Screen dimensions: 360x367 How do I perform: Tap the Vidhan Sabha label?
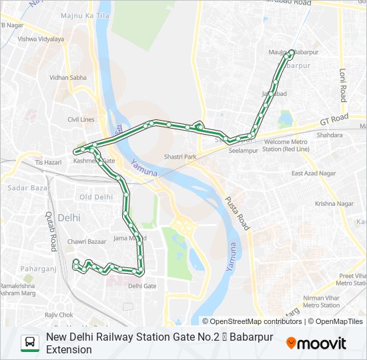[68, 77]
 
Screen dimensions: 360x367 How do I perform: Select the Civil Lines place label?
[81, 119]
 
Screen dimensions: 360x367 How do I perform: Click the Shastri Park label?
[180, 157]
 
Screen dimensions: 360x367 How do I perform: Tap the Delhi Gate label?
[142, 286]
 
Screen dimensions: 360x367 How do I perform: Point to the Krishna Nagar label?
[334, 203]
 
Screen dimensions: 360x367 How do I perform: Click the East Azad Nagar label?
[314, 173]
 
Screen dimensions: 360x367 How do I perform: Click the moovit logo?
[316, 343]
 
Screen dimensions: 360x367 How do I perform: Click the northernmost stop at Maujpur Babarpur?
[291, 52]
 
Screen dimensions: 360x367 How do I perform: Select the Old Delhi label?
[96, 197]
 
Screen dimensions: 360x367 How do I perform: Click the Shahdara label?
[329, 135]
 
